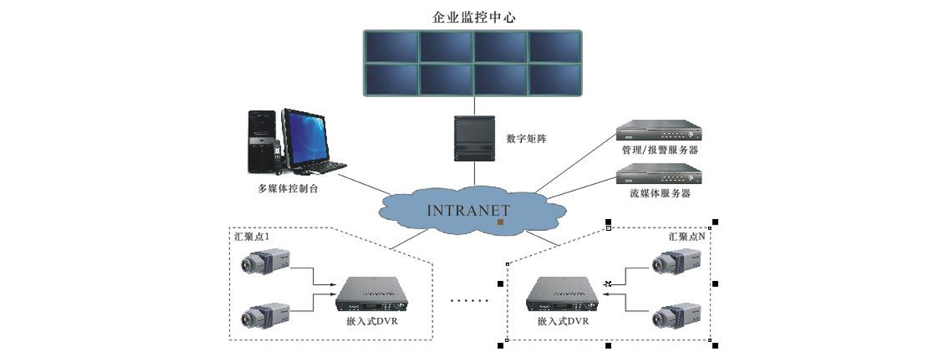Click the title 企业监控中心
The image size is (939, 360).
(x=472, y=16)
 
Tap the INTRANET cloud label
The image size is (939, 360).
(x=469, y=210)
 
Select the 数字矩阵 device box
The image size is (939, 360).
(x=473, y=139)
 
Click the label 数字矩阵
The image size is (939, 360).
(x=527, y=139)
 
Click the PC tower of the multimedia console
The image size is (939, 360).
(x=261, y=141)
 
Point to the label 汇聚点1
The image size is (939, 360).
(x=252, y=235)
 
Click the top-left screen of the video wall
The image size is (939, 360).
(x=391, y=46)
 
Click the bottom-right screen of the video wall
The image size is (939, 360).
(x=553, y=78)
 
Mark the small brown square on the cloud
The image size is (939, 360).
(x=500, y=223)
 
